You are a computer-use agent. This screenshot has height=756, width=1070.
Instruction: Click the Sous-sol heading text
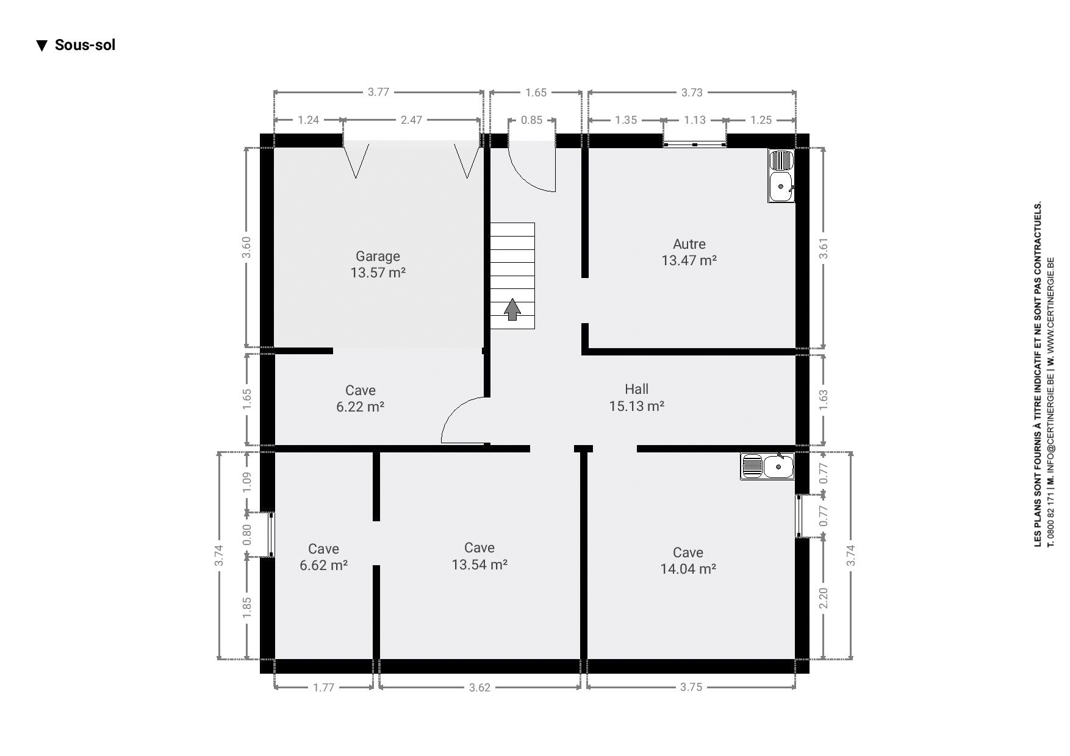point(85,45)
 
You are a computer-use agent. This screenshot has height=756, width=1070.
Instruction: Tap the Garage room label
point(378,257)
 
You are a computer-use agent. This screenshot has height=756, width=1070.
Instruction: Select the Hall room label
point(636,389)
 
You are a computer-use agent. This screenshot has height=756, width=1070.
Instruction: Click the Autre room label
point(689,244)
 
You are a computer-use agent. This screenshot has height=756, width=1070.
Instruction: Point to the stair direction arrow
point(512,309)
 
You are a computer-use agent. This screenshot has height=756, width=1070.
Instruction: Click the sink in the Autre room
point(781,176)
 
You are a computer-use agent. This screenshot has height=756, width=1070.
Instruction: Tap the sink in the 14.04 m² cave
point(767,466)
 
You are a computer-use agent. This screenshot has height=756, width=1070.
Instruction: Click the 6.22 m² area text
point(360,407)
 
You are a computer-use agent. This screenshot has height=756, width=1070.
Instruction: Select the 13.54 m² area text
point(479,565)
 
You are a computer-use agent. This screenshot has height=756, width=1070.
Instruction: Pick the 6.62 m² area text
point(323,565)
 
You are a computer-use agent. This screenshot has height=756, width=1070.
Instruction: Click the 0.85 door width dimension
point(531,120)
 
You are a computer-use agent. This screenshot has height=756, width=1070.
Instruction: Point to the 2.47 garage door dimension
point(411,120)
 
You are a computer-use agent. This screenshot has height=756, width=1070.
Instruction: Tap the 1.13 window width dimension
point(694,120)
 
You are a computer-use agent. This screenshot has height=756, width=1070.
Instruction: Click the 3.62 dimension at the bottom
point(479,688)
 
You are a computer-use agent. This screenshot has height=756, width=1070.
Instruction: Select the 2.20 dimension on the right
point(824,598)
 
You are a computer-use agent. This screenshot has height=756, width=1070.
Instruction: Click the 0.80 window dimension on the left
point(247,535)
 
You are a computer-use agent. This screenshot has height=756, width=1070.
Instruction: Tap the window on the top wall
point(695,144)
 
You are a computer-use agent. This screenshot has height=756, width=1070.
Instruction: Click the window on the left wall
point(271,535)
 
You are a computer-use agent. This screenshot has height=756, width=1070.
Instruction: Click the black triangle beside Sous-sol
point(41,46)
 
